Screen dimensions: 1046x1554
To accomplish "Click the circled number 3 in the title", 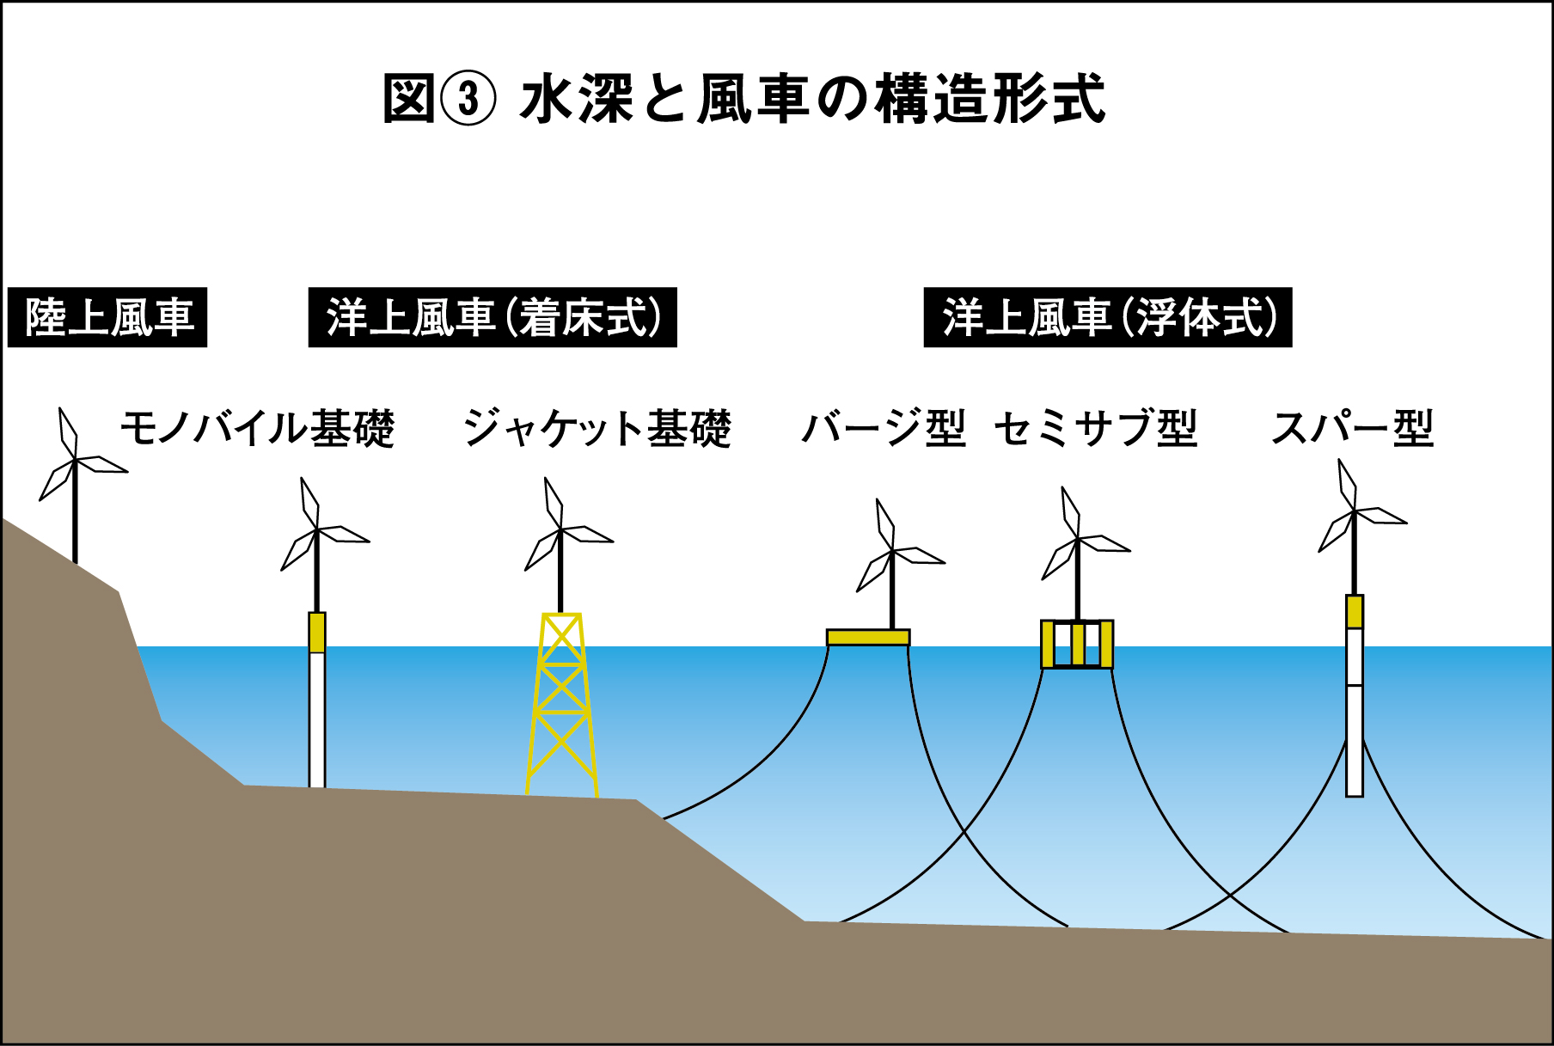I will click(x=468, y=99).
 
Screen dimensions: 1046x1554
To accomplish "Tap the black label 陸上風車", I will click(x=107, y=317).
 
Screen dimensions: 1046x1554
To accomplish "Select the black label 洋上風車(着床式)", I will click(x=493, y=317).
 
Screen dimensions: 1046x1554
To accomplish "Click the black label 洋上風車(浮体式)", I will click(x=1107, y=317).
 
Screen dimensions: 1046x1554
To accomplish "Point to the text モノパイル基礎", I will click(x=257, y=427).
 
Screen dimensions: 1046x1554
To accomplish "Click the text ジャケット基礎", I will click(x=597, y=427).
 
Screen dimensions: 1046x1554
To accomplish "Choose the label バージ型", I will click(x=884, y=427).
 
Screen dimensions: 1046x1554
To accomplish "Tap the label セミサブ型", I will click(x=1096, y=427).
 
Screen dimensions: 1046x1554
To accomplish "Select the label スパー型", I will click(x=1352, y=427).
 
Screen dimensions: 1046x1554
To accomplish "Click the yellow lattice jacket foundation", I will click(x=562, y=705).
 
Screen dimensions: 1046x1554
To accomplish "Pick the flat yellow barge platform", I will click(x=868, y=637).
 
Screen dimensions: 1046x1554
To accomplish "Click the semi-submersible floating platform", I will click(x=1077, y=644).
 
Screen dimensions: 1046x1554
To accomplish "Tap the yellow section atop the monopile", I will click(x=317, y=632).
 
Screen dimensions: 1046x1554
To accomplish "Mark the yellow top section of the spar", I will click(x=1355, y=611).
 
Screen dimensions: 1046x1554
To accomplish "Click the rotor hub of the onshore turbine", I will click(x=75, y=461).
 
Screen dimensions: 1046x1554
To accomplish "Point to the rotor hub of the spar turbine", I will click(x=1355, y=512).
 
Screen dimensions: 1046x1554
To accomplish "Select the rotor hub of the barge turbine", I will click(x=892, y=552).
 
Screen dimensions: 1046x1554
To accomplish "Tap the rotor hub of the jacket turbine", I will click(x=560, y=530).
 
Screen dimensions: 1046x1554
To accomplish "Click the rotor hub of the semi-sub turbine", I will click(x=1078, y=540).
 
